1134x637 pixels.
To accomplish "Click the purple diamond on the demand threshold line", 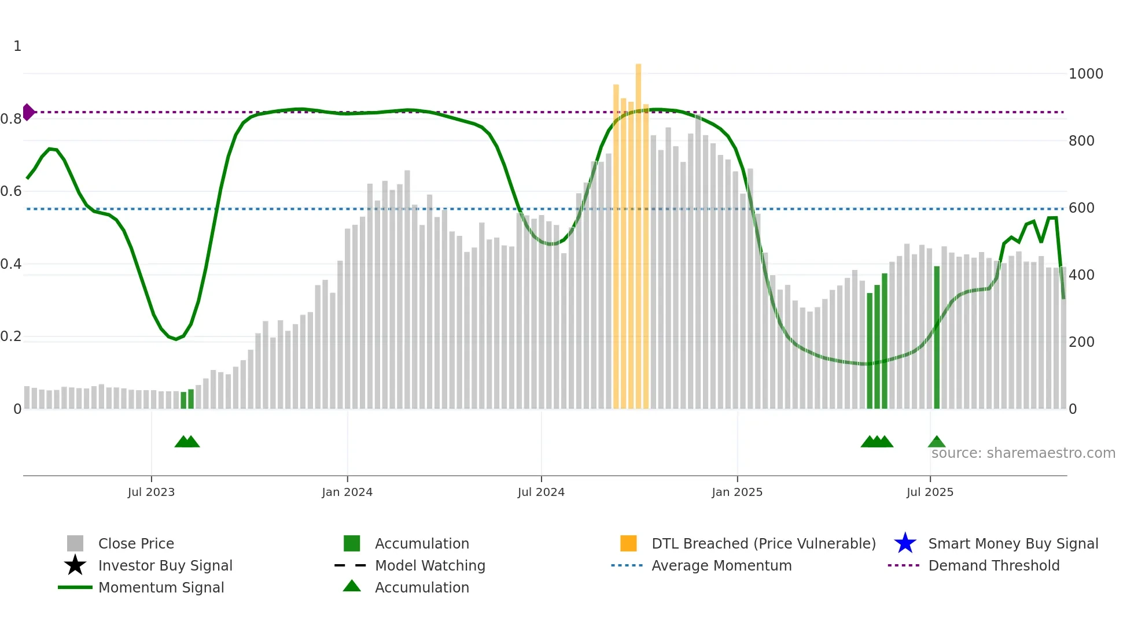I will (28, 112).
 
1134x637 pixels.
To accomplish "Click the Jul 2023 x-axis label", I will (151, 492).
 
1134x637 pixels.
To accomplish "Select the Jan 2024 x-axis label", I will (347, 492).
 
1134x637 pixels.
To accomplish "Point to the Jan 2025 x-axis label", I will (737, 492).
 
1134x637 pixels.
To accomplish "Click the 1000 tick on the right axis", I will (1085, 74).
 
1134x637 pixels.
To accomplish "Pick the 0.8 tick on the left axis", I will (11, 119).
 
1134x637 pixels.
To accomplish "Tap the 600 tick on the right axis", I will (1081, 208).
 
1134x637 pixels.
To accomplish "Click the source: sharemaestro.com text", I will (1023, 453).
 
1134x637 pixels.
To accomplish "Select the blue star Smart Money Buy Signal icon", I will (905, 543).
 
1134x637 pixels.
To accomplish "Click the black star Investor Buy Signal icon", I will (75, 565).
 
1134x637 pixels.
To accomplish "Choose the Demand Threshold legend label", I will (993, 565).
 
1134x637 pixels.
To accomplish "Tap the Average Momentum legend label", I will (721, 565).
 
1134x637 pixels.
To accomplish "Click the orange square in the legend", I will (628, 543).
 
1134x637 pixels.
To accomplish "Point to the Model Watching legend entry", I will (430, 565).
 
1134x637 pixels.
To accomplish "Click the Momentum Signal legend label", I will (161, 587).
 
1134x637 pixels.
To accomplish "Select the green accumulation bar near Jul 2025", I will (937, 338).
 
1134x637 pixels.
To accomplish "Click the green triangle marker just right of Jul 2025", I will (937, 442).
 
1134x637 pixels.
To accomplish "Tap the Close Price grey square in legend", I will (75, 543).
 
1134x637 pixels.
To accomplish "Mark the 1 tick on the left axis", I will (17, 46).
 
